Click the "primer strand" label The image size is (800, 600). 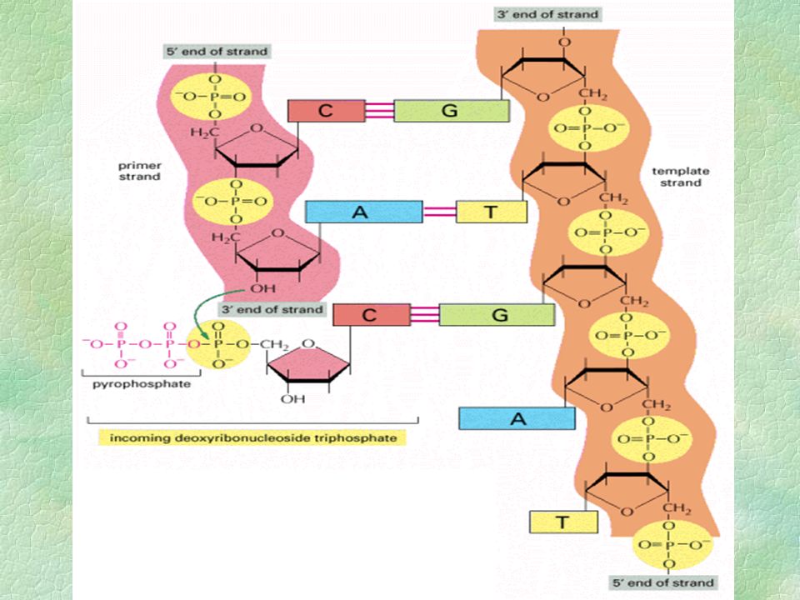(x=139, y=171)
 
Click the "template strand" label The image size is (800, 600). (x=681, y=177)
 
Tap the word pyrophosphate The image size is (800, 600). (x=142, y=383)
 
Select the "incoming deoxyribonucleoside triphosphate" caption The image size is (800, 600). (x=253, y=437)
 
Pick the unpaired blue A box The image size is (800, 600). (x=517, y=418)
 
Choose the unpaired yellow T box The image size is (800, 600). (x=563, y=522)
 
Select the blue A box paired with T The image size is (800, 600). (x=363, y=212)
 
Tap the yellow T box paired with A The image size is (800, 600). (x=491, y=212)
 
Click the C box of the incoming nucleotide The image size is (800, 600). (x=372, y=315)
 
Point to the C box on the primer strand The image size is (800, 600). (x=327, y=111)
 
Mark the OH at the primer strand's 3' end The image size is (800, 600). (x=262, y=289)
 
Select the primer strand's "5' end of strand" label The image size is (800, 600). (x=217, y=52)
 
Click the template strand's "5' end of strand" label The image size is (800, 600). (x=662, y=582)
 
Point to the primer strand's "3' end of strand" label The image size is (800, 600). (x=272, y=309)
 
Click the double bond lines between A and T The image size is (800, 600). (x=439, y=212)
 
